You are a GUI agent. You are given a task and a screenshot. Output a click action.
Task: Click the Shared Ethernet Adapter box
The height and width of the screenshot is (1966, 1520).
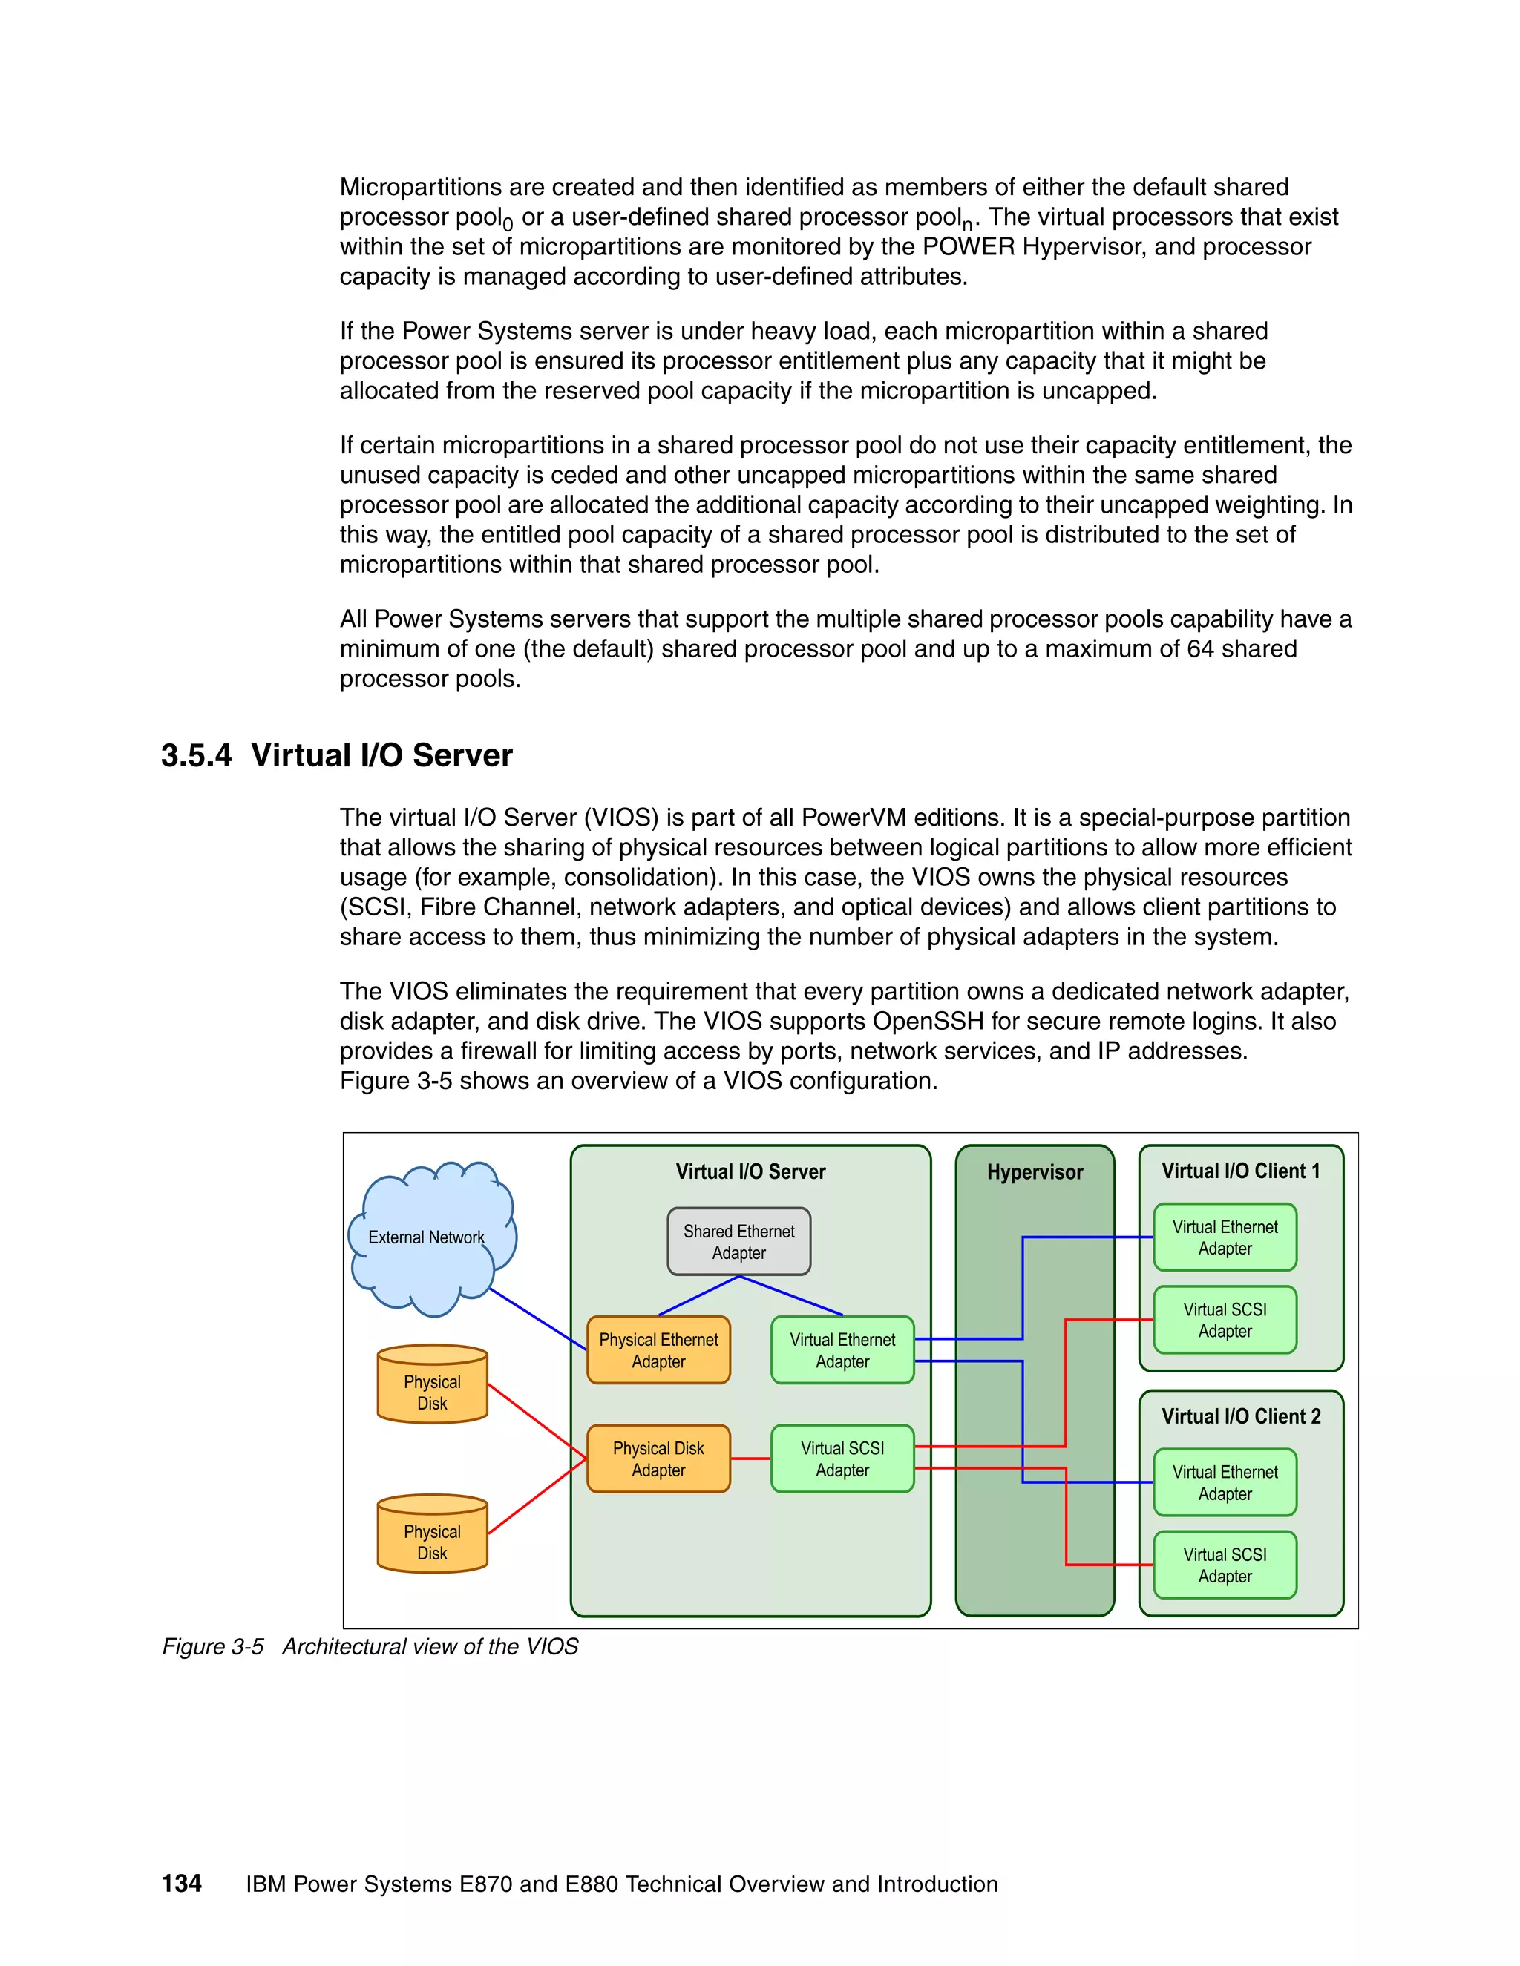point(738,1241)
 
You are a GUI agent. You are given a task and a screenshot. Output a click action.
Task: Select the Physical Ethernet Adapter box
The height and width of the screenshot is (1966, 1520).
point(658,1350)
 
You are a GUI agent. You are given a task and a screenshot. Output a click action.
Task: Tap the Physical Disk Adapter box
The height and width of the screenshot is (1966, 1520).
point(658,1459)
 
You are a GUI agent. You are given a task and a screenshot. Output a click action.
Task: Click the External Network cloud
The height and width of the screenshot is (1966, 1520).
point(427,1237)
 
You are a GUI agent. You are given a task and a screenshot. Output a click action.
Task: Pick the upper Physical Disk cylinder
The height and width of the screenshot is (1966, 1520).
point(432,1387)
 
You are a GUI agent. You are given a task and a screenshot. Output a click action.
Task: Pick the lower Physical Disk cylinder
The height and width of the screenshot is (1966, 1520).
point(432,1537)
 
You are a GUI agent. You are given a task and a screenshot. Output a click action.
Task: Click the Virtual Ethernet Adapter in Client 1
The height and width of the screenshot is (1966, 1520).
point(1225,1237)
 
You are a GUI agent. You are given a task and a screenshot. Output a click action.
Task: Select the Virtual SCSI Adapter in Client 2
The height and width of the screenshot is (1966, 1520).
point(1225,1565)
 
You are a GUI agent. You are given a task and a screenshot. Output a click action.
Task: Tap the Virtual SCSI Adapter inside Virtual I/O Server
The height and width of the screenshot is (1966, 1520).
point(842,1459)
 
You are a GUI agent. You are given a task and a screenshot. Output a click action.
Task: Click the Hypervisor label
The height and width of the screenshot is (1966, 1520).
point(1035,1172)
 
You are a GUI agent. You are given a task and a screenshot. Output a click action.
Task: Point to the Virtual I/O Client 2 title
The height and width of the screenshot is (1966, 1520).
point(1240,1416)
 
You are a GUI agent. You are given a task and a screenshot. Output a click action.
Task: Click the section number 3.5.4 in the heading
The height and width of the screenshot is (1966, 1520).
point(196,755)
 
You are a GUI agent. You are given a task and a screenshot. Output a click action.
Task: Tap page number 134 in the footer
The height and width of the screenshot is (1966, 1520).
point(181,1883)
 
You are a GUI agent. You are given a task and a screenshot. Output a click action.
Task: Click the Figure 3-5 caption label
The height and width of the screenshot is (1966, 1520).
point(212,1646)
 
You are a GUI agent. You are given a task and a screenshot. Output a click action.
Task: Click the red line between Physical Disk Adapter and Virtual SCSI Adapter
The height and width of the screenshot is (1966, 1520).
point(750,1459)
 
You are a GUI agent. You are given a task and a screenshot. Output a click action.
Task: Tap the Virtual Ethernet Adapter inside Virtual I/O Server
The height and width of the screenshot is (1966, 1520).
point(842,1350)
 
